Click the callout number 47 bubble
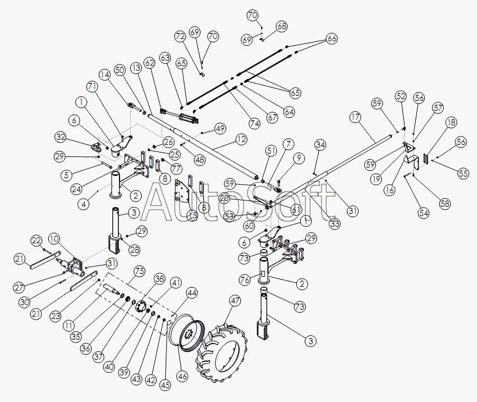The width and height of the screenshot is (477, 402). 235,301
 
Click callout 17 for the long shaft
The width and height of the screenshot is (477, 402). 355,117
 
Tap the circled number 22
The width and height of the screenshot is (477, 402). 36,241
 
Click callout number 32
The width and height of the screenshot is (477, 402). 61,137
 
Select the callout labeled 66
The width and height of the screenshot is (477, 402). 331,38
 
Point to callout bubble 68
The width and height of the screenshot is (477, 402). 282,26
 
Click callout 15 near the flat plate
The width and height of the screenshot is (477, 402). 192,215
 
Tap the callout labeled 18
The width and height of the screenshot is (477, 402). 450,122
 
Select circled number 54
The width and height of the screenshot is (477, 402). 423,213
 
